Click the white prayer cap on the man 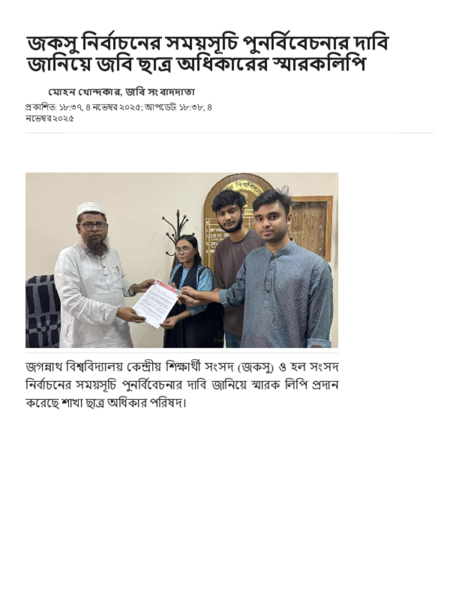(91, 208)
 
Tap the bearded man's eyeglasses (93, 226)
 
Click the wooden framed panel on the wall (310, 226)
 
